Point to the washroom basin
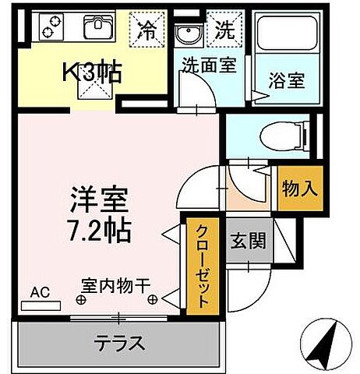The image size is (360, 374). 187,35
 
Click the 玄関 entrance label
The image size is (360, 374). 249,241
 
